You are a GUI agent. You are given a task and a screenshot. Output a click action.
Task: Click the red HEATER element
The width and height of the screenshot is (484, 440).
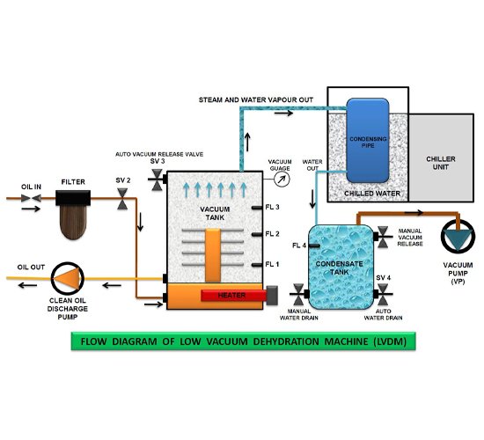233,295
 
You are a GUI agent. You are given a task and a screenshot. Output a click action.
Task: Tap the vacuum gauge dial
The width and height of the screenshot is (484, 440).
282,180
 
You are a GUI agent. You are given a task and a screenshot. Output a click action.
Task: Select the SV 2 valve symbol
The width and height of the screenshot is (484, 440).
122,199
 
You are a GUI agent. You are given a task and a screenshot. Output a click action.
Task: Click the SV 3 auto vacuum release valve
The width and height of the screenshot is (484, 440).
158,180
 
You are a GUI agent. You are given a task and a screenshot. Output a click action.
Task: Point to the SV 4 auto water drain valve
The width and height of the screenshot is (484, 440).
383,294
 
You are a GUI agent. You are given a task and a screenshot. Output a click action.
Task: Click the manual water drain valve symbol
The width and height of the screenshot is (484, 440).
298,294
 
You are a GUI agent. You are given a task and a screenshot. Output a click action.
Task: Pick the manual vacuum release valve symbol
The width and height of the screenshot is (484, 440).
383,237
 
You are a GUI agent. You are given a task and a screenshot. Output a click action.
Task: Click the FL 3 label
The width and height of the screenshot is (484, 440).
272,207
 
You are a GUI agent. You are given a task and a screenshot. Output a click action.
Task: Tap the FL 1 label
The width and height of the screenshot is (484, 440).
272,264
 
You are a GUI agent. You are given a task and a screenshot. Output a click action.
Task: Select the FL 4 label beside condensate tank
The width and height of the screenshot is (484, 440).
299,246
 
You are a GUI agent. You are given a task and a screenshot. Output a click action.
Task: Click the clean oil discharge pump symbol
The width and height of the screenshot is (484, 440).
67,278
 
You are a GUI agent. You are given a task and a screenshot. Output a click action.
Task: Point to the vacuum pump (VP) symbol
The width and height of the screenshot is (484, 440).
458,237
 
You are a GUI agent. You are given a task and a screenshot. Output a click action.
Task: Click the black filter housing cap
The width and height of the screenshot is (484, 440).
73,198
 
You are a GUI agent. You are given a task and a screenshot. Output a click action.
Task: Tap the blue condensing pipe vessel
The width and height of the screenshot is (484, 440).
367,141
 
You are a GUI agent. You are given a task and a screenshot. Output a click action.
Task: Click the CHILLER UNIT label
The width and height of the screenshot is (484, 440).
441,163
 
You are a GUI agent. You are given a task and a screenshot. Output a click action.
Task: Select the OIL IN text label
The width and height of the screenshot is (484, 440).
31,187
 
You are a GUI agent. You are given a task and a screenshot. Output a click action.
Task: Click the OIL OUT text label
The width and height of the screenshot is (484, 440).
31,268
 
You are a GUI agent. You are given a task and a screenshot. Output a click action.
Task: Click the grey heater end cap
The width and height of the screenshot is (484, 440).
272,296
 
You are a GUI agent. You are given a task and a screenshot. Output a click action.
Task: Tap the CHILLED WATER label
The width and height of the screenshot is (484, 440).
372,194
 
